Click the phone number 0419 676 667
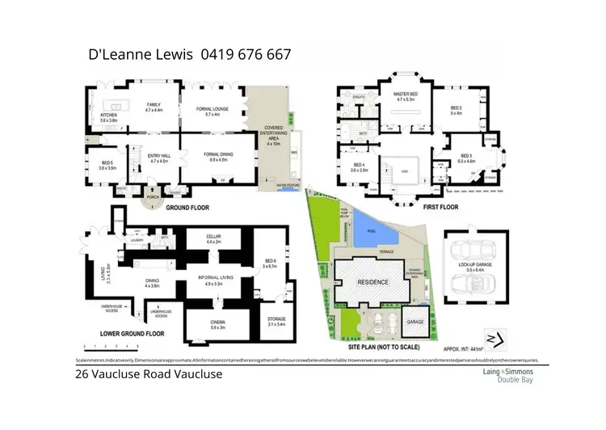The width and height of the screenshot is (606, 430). point(246,55)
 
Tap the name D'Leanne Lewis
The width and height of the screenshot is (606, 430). point(139,55)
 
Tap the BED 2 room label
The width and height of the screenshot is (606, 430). point(456,109)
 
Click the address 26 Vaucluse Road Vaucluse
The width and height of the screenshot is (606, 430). point(138,374)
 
